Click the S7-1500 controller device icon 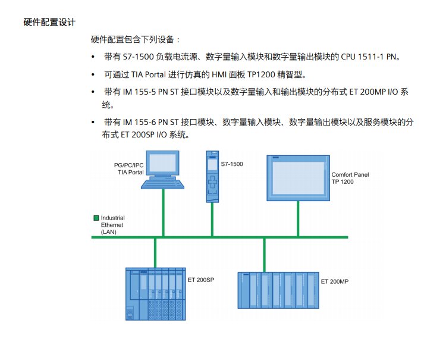click(x=212, y=176)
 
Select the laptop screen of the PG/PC click(x=162, y=165)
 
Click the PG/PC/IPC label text click(x=128, y=165)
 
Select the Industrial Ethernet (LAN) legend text click(x=112, y=225)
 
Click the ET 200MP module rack click(x=278, y=290)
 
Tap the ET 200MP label click(x=334, y=281)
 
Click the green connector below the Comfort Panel click(x=298, y=219)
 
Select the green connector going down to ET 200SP click(x=155, y=252)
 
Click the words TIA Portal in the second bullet click(x=143, y=75)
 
